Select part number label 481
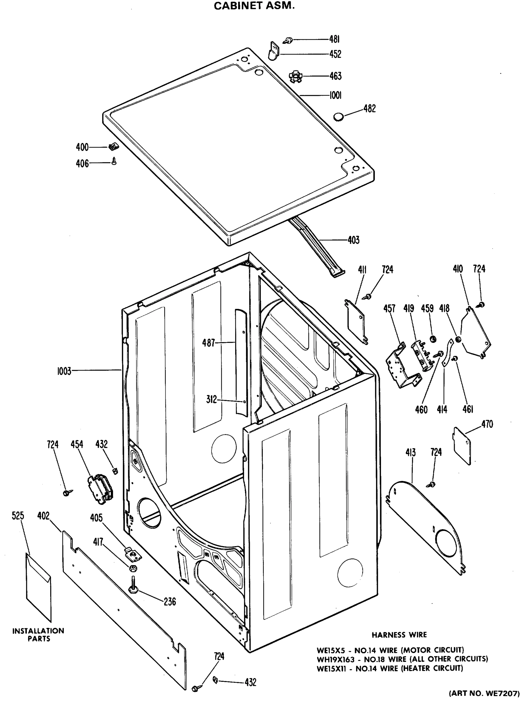334,39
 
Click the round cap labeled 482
338,117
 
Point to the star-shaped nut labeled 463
295,76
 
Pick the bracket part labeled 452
274,51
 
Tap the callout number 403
353,240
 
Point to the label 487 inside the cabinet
209,343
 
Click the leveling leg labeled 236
132,587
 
